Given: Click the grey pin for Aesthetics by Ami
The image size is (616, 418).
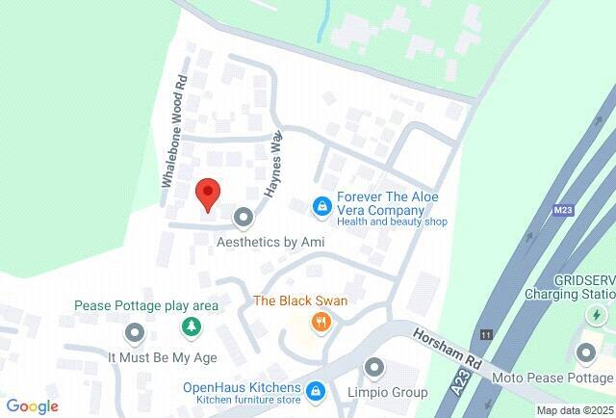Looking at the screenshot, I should click(244, 217).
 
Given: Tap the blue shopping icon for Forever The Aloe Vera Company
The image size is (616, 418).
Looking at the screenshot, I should click(321, 206).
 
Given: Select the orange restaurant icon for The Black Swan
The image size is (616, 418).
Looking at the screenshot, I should click(321, 323).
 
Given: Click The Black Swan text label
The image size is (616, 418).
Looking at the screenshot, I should click(300, 300).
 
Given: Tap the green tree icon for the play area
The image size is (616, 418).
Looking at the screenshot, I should click(192, 328).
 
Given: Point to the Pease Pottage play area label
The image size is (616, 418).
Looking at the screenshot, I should click(146, 306).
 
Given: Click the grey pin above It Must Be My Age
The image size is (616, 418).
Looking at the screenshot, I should click(135, 333).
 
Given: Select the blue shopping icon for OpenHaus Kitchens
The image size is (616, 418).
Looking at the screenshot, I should click(315, 389).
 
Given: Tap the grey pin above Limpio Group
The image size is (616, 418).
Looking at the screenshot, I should click(374, 369).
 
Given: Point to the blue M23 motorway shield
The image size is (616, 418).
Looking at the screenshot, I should click(563, 208).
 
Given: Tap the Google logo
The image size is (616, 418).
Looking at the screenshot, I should click(32, 406).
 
